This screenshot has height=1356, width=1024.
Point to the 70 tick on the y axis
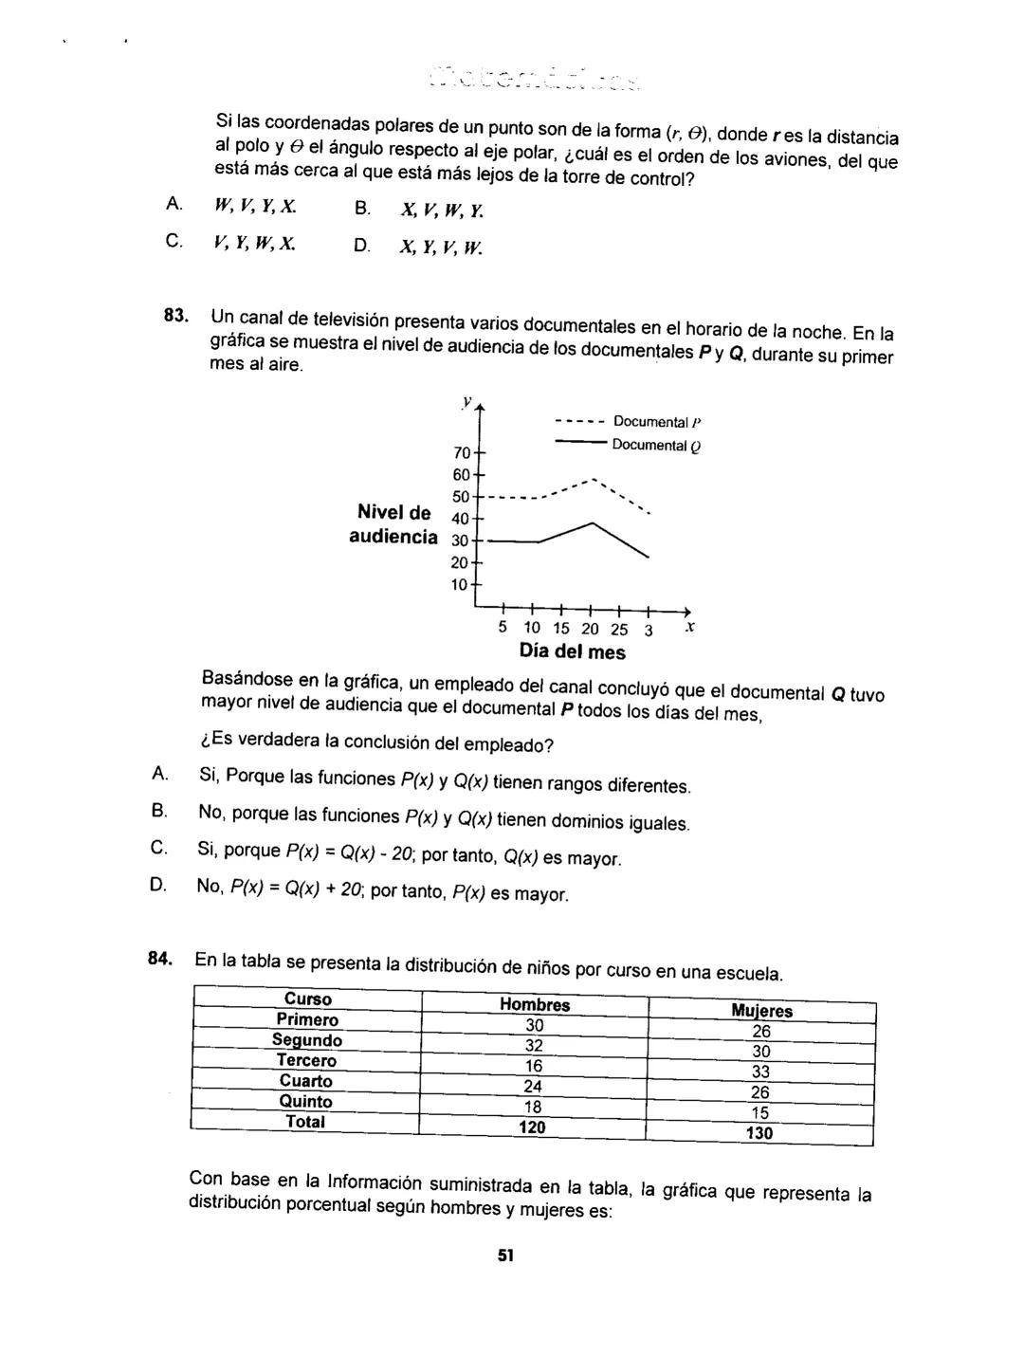pyautogui.click(x=462, y=452)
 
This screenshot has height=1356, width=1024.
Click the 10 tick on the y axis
pyautogui.click(x=460, y=584)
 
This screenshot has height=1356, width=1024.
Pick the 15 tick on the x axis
pyautogui.click(x=561, y=629)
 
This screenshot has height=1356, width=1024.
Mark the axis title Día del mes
pyautogui.click(x=572, y=652)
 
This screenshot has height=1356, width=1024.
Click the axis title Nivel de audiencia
pyautogui.click(x=393, y=524)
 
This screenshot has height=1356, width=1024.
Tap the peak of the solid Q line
pyautogui.click(x=594, y=522)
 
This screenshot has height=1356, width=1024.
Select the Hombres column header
pyautogui.click(x=535, y=1005)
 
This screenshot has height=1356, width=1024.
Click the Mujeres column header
pyautogui.click(x=761, y=1011)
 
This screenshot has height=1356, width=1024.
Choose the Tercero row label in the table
pyautogui.click(x=306, y=1060)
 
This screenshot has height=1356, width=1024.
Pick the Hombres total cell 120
pyautogui.click(x=533, y=1127)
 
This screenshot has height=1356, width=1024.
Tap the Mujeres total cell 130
pyautogui.click(x=759, y=1133)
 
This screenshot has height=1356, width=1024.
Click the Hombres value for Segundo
pyautogui.click(x=534, y=1045)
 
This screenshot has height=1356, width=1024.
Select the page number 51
pyautogui.click(x=505, y=1255)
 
